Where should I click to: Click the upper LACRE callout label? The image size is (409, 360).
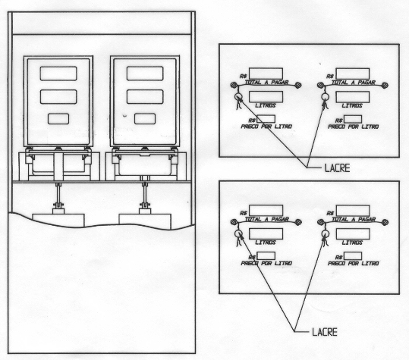tap(337, 168)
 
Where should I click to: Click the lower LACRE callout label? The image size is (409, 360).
tap(325, 332)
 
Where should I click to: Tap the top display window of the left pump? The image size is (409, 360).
tap(58, 74)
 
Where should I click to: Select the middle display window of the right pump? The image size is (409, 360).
tap(145, 97)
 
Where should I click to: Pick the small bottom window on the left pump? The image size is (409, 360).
tap(58, 119)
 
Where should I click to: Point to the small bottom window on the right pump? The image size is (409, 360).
tap(145, 119)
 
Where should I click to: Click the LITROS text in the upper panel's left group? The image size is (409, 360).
tap(266, 105)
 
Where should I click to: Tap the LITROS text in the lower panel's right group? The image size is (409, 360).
tap(352, 243)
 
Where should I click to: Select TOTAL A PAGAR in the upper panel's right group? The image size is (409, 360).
tap(354, 83)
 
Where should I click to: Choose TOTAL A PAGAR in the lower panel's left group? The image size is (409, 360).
tap(266, 220)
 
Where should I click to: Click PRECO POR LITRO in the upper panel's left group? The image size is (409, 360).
tap(266, 127)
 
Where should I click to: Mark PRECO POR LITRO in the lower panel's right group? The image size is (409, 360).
tap(354, 264)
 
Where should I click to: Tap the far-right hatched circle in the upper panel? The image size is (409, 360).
tap(385, 85)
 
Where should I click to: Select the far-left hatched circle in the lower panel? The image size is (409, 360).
tap(234, 222)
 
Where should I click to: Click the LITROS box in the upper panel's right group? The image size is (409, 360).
tap(353, 97)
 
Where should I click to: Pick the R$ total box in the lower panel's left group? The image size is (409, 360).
tap(266, 211)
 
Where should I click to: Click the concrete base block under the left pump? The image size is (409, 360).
tap(58, 219)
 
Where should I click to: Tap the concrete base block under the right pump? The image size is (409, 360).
tap(145, 221)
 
